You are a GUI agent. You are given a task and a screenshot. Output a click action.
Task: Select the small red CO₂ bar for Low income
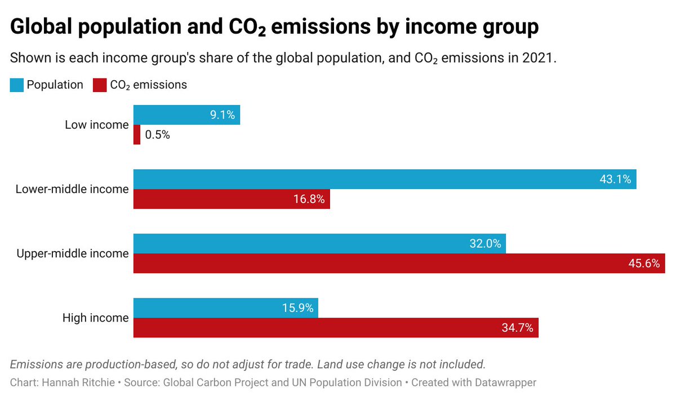[x=137, y=135]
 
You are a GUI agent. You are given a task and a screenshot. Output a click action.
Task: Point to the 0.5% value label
[x=157, y=135]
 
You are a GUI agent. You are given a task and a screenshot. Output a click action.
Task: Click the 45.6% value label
[x=644, y=263]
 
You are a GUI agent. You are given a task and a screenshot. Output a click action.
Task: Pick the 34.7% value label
[x=518, y=328]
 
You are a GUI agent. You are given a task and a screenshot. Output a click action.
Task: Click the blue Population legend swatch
[x=17, y=85]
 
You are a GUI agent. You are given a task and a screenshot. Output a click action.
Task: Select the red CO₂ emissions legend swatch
[x=99, y=85]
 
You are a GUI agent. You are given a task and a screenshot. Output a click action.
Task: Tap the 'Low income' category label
[x=96, y=125]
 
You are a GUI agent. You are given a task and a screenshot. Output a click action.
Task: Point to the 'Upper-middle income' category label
[x=72, y=254]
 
